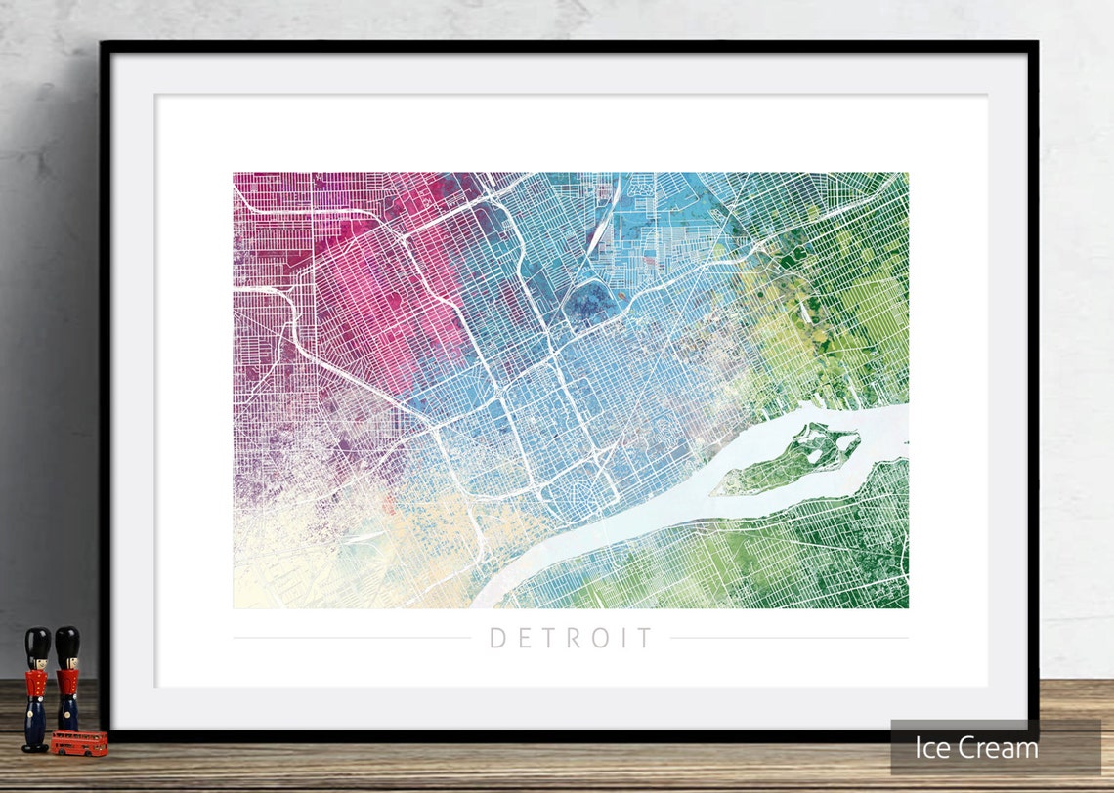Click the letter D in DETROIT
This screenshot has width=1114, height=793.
tap(497, 639)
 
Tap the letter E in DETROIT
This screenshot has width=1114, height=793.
tap(524, 639)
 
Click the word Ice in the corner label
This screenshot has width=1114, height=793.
tap(935, 748)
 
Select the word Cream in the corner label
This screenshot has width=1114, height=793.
tap(998, 748)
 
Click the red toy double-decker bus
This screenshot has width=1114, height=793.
tap(79, 742)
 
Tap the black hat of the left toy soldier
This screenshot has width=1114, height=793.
tap(37, 645)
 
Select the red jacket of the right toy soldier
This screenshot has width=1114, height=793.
tap(66, 683)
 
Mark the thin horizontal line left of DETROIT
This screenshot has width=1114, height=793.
tap(352, 639)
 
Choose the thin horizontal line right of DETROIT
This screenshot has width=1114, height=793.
tap(789, 639)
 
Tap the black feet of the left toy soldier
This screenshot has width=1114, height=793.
tap(35, 748)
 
